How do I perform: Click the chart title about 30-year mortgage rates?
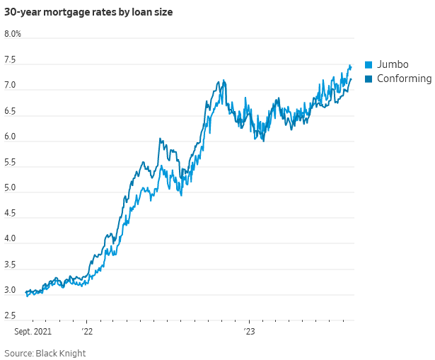(x=88, y=12)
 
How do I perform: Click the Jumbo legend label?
(x=393, y=64)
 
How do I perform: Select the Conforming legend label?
(x=404, y=79)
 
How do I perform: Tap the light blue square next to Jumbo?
(x=369, y=64)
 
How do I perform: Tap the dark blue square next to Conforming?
(x=369, y=79)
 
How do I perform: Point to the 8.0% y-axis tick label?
(x=13, y=34)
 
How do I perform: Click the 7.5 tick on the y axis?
(x=10, y=61)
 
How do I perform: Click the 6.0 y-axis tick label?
(x=10, y=137)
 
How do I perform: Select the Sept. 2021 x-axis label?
(x=33, y=331)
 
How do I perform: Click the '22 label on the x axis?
(x=87, y=331)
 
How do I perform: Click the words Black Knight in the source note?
(x=63, y=352)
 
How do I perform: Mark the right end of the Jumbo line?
(x=351, y=66)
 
